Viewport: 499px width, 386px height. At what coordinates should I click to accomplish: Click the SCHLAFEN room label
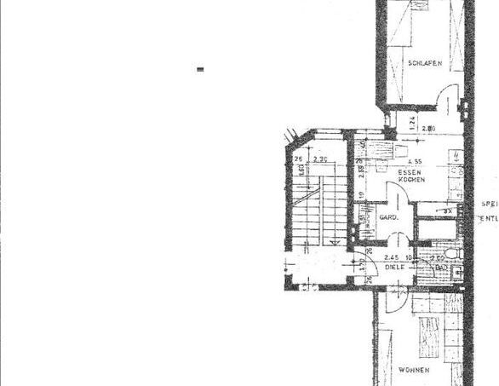[423, 63]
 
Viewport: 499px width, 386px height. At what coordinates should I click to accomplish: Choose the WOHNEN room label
[412, 369]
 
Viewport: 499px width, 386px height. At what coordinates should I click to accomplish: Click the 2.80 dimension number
[428, 129]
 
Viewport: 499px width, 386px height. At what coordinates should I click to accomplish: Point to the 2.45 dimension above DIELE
[392, 256]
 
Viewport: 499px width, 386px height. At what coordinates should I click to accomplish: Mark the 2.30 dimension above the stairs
[320, 159]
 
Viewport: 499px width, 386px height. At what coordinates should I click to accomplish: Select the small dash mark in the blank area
[200, 71]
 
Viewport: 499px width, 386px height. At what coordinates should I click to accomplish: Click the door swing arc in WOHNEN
[395, 300]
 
